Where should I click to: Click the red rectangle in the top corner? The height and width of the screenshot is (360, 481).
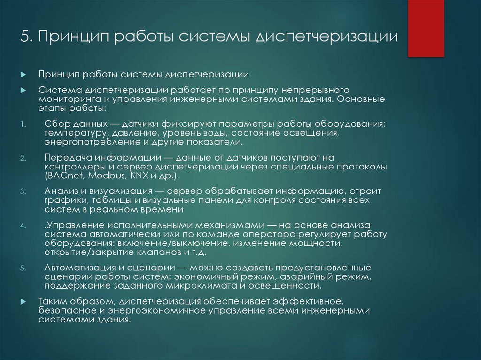(x=426, y=29)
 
